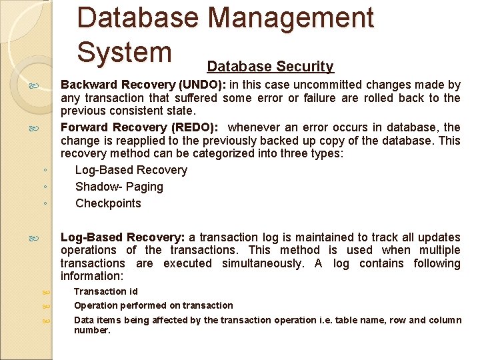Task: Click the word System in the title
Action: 125,52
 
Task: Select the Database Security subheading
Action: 270,67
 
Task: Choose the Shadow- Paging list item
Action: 119,187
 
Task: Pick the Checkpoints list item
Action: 108,203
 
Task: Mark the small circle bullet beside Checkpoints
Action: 43,203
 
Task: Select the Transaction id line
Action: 101,291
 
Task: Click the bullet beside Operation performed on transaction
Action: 46,306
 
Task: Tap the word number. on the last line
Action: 92,330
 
